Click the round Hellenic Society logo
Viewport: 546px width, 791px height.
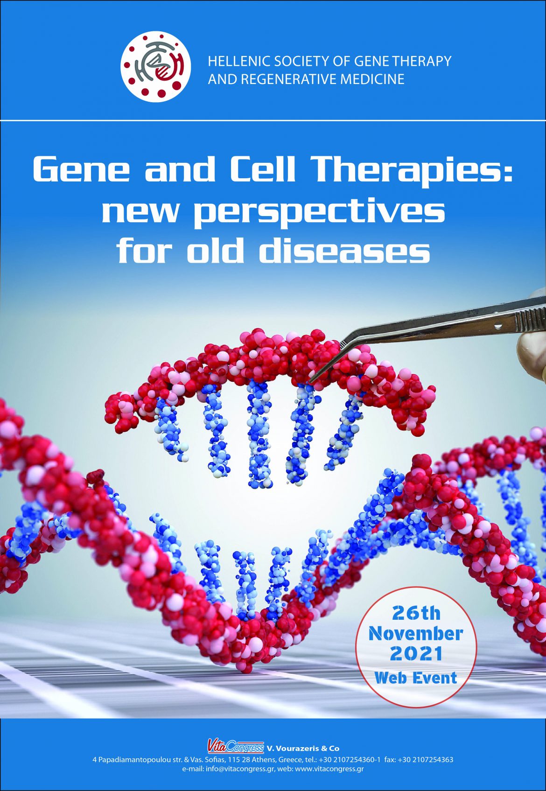tap(156, 67)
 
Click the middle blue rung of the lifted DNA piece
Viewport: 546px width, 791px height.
tap(259, 434)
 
